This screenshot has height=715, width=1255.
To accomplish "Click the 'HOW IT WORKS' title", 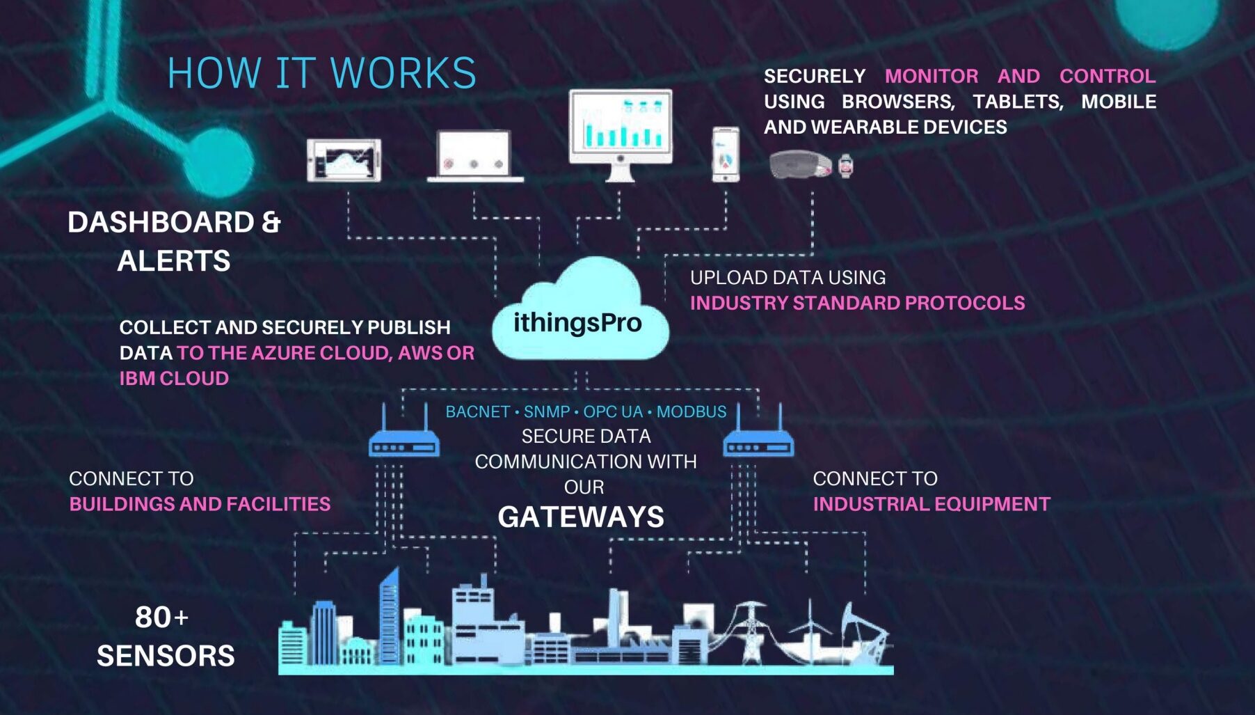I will click(x=321, y=73).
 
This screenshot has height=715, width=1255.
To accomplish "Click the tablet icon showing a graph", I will click(x=344, y=161).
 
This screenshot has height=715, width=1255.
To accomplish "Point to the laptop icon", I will click(x=474, y=157).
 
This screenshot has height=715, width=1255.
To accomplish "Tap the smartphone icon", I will click(x=726, y=154).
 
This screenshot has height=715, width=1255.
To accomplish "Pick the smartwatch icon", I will click(x=845, y=166).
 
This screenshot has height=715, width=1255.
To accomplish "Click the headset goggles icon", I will click(x=800, y=165).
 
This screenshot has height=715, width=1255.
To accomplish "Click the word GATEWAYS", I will click(x=581, y=517).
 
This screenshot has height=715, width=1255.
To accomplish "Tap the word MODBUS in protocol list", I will click(x=692, y=412).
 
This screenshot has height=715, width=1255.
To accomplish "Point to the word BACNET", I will click(x=477, y=412).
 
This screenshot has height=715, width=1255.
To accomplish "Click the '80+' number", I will click(x=161, y=618).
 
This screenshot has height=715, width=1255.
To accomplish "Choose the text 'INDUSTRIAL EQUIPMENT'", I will click(x=932, y=504).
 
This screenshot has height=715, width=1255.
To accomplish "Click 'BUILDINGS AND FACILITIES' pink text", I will click(x=200, y=504).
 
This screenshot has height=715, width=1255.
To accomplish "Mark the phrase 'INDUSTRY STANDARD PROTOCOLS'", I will click(x=857, y=304).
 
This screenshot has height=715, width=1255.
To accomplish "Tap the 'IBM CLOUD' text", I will click(x=174, y=379).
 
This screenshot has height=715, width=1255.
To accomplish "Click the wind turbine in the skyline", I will click(x=810, y=630).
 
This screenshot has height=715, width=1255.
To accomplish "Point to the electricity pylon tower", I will click(x=750, y=630).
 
